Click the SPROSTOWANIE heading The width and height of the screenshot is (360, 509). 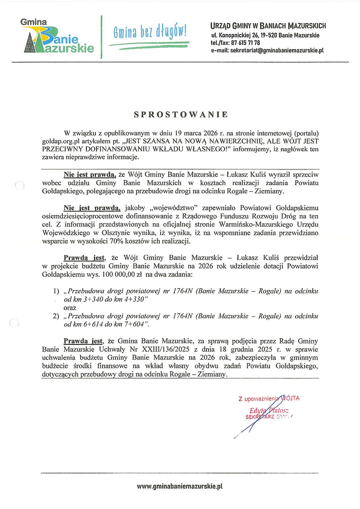pyautogui.click(x=180, y=115)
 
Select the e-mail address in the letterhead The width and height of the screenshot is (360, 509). pyautogui.click(x=267, y=50)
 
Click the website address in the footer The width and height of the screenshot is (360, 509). pyautogui.click(x=180, y=486)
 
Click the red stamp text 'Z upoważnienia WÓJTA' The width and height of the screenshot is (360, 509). pyautogui.click(x=269, y=398)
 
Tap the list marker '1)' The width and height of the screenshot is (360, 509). pyautogui.click(x=56, y=291)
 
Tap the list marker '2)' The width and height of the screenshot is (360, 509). pyautogui.click(x=56, y=316)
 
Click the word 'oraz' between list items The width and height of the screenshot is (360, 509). pyautogui.click(x=70, y=308)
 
